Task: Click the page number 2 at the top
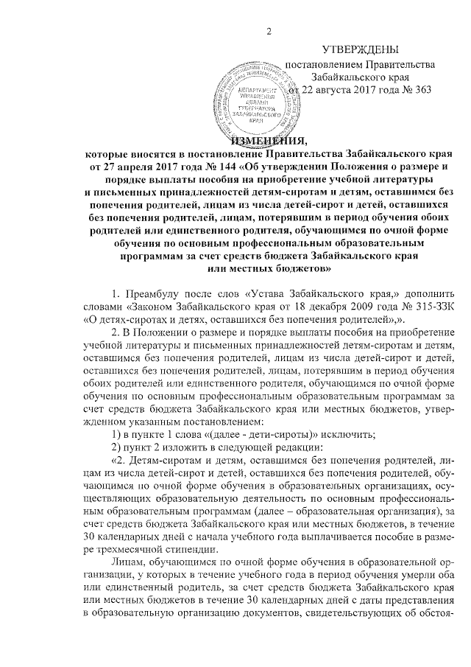pyautogui.click(x=270, y=29)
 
